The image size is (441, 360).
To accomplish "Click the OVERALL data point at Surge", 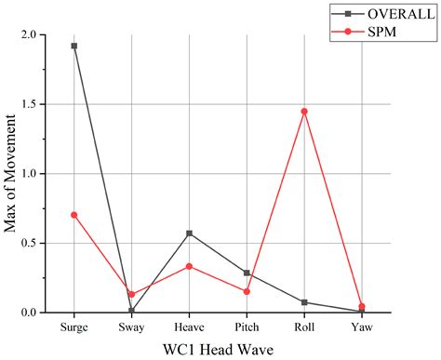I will pyautogui.click(x=74, y=46).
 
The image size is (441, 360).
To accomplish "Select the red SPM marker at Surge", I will pyautogui.click(x=74, y=215).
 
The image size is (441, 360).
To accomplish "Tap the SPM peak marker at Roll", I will pyautogui.click(x=304, y=112).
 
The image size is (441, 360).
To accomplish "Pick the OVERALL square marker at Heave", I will pyautogui.click(x=190, y=233).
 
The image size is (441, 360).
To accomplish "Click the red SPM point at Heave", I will pyautogui.click(x=190, y=266).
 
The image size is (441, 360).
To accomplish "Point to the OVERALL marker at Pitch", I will pyautogui.click(x=247, y=273).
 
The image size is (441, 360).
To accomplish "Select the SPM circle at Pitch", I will pyautogui.click(x=247, y=291).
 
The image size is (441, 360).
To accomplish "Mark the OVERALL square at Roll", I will pyautogui.click(x=304, y=302).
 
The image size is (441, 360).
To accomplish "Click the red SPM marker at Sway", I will pyautogui.click(x=132, y=294).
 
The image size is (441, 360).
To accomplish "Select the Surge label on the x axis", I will pyautogui.click(x=74, y=327).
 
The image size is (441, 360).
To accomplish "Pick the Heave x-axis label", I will pyautogui.click(x=190, y=327).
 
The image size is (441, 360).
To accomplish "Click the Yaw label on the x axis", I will pyautogui.click(x=361, y=327).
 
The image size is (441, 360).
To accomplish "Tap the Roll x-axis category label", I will pyautogui.click(x=304, y=327).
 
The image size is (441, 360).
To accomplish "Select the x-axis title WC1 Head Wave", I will pyautogui.click(x=218, y=350).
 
